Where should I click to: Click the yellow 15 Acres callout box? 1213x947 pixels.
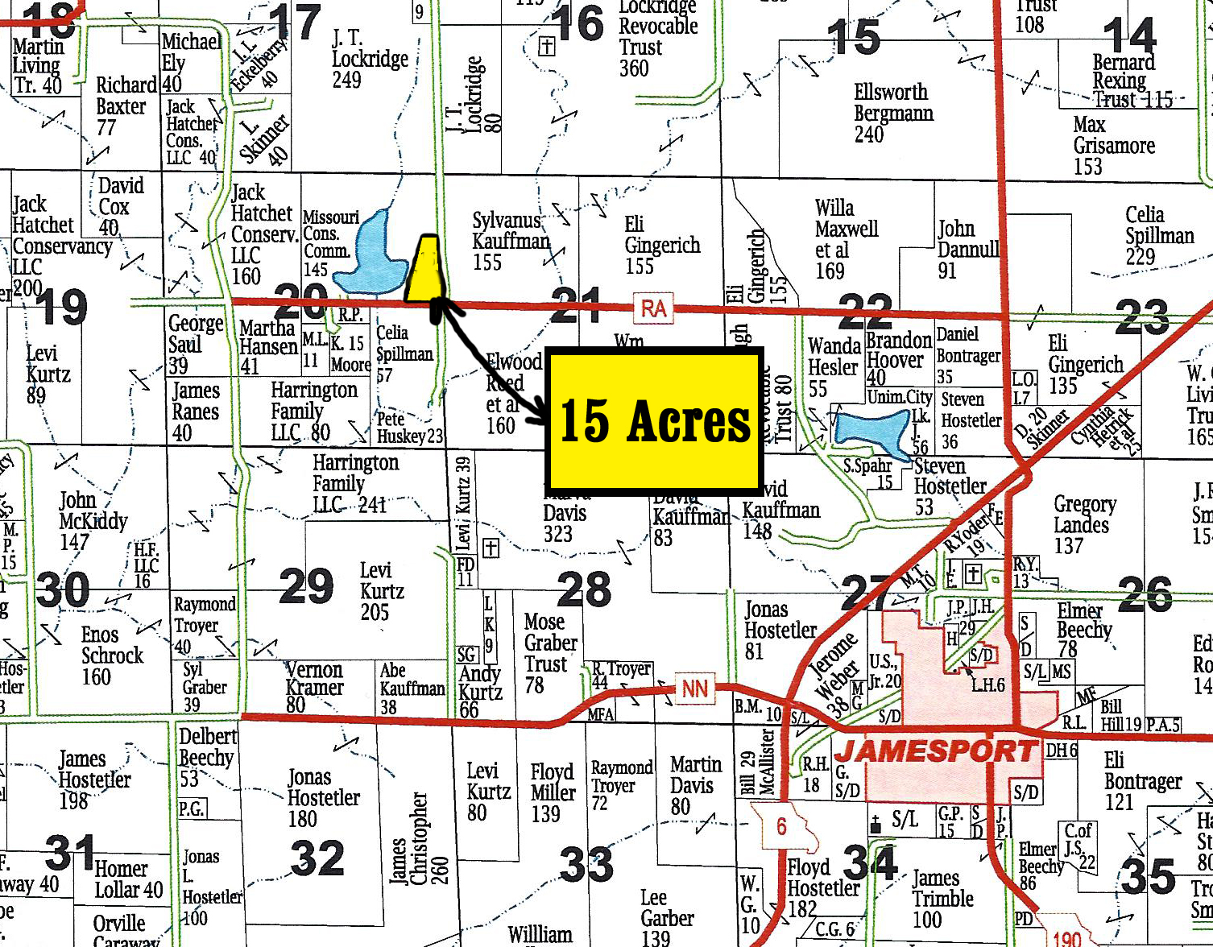(654, 420)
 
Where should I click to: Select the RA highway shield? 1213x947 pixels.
(653, 308)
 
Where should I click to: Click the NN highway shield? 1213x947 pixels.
(694, 689)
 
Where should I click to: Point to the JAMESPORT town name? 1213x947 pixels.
(935, 751)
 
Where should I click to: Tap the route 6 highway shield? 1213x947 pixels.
(780, 826)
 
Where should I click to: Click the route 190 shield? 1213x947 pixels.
(1066, 937)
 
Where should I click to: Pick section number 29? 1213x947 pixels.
(306, 586)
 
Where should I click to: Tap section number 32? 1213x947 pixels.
(317, 858)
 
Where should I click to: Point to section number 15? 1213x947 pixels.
(854, 35)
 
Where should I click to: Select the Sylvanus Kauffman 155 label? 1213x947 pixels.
(510, 241)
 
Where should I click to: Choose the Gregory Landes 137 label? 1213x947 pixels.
(1083, 525)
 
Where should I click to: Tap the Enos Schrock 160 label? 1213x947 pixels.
(111, 655)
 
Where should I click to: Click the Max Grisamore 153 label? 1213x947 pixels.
(1113, 146)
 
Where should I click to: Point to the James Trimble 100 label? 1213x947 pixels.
(942, 899)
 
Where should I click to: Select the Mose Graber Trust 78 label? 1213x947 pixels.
(550, 653)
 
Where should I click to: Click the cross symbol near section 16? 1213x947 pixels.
(547, 46)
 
